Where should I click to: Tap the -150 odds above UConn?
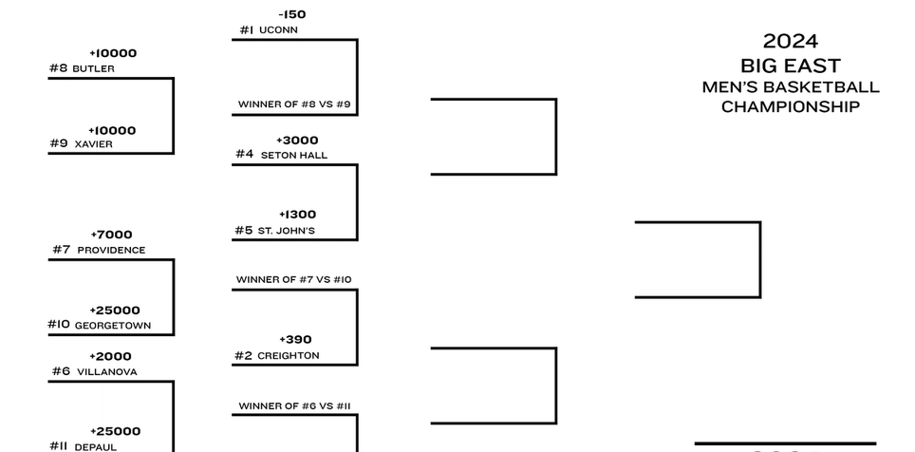click(292, 14)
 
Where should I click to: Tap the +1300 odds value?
click(297, 215)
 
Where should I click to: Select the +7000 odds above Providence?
click(111, 235)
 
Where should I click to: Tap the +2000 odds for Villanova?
click(111, 356)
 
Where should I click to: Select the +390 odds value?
click(295, 339)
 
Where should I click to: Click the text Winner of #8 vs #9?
click(293, 104)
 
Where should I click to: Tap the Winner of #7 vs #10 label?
click(293, 280)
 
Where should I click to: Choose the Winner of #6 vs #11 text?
click(294, 406)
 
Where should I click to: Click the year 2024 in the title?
click(790, 41)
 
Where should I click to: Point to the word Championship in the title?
click(790, 107)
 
